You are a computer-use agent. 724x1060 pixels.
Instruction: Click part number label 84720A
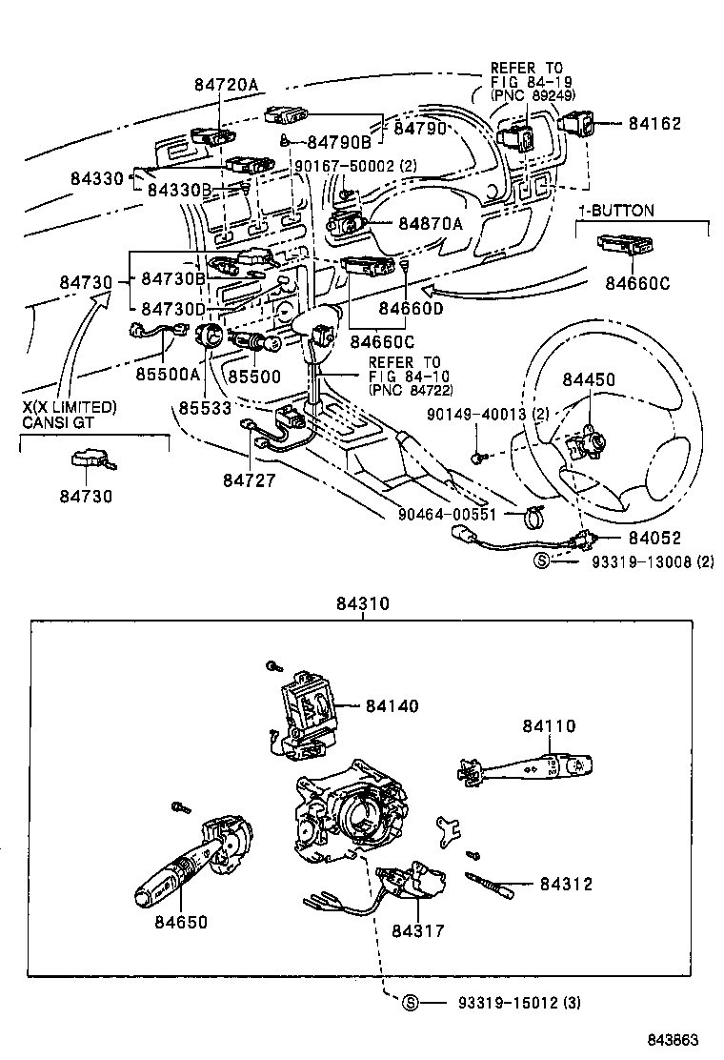click(x=226, y=85)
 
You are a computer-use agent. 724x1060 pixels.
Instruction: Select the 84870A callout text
click(x=431, y=224)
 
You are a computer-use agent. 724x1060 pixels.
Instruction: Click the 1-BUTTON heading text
click(x=616, y=210)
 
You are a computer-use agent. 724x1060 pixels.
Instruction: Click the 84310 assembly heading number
click(x=363, y=604)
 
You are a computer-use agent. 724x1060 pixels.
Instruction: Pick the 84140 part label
click(x=392, y=705)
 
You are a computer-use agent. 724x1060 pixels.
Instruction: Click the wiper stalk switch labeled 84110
click(x=530, y=766)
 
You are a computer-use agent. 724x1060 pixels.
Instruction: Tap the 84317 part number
click(x=418, y=930)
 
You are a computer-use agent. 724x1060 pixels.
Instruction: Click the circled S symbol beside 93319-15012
click(x=411, y=1002)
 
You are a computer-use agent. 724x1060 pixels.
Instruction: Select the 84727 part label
click(x=250, y=481)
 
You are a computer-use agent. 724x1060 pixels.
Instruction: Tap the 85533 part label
click(x=205, y=407)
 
